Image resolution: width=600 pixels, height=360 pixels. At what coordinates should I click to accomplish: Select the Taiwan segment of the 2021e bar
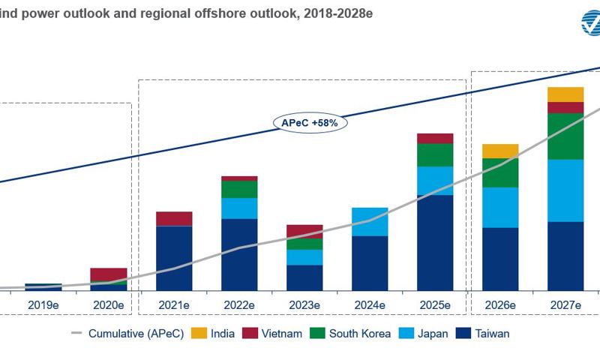pos(174,257)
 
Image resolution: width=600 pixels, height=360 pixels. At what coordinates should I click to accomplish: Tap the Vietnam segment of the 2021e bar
pos(174,218)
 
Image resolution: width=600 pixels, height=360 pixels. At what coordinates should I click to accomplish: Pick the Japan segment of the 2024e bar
pos(370,222)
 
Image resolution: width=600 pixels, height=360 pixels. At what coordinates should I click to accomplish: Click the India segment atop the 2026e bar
pos(500,151)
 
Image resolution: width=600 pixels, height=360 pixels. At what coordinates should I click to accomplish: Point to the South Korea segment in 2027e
pos(565,136)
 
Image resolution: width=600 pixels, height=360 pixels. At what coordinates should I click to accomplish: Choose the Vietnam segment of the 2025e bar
pos(435,138)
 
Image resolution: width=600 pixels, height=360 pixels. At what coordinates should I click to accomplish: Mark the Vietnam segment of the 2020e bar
pos(109,274)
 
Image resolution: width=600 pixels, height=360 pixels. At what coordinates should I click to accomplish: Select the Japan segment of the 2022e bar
pos(239,208)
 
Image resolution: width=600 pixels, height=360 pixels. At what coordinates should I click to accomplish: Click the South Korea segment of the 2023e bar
pos(304,244)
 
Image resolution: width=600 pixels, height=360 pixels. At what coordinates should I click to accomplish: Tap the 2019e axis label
pos(43,305)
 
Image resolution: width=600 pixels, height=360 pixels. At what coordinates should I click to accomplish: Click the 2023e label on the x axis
pos(304,305)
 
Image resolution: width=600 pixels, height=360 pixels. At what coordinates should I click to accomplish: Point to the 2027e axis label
pos(565,305)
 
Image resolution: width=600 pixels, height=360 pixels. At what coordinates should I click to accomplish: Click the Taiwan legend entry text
pos(492,334)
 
